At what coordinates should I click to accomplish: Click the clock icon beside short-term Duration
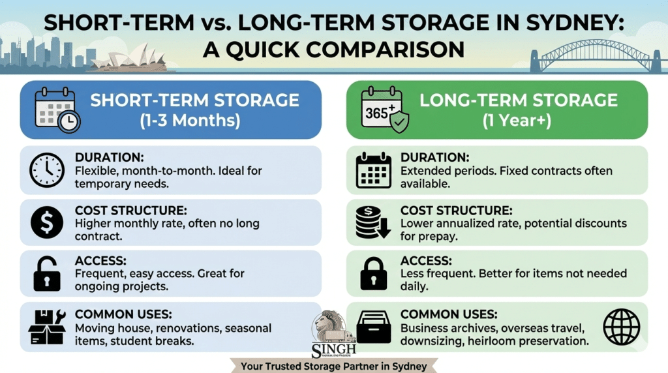pyautogui.click(x=47, y=170)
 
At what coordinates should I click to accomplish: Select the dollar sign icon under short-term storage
pyautogui.click(x=47, y=224)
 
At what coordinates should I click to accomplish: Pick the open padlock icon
pyautogui.click(x=47, y=275)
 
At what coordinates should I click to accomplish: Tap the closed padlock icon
pyautogui.click(x=373, y=275)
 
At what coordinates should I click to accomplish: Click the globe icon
pyautogui.click(x=621, y=327)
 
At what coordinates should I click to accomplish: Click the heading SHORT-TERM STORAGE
pyautogui.click(x=194, y=100)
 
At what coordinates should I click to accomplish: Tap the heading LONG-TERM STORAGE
pyautogui.click(x=518, y=100)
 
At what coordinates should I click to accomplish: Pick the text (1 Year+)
pyautogui.click(x=519, y=121)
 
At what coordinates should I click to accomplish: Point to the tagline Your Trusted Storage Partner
pyautogui.click(x=333, y=366)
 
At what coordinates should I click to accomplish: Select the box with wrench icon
pyautogui.click(x=47, y=328)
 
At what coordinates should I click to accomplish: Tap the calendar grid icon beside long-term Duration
pyautogui.click(x=373, y=171)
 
